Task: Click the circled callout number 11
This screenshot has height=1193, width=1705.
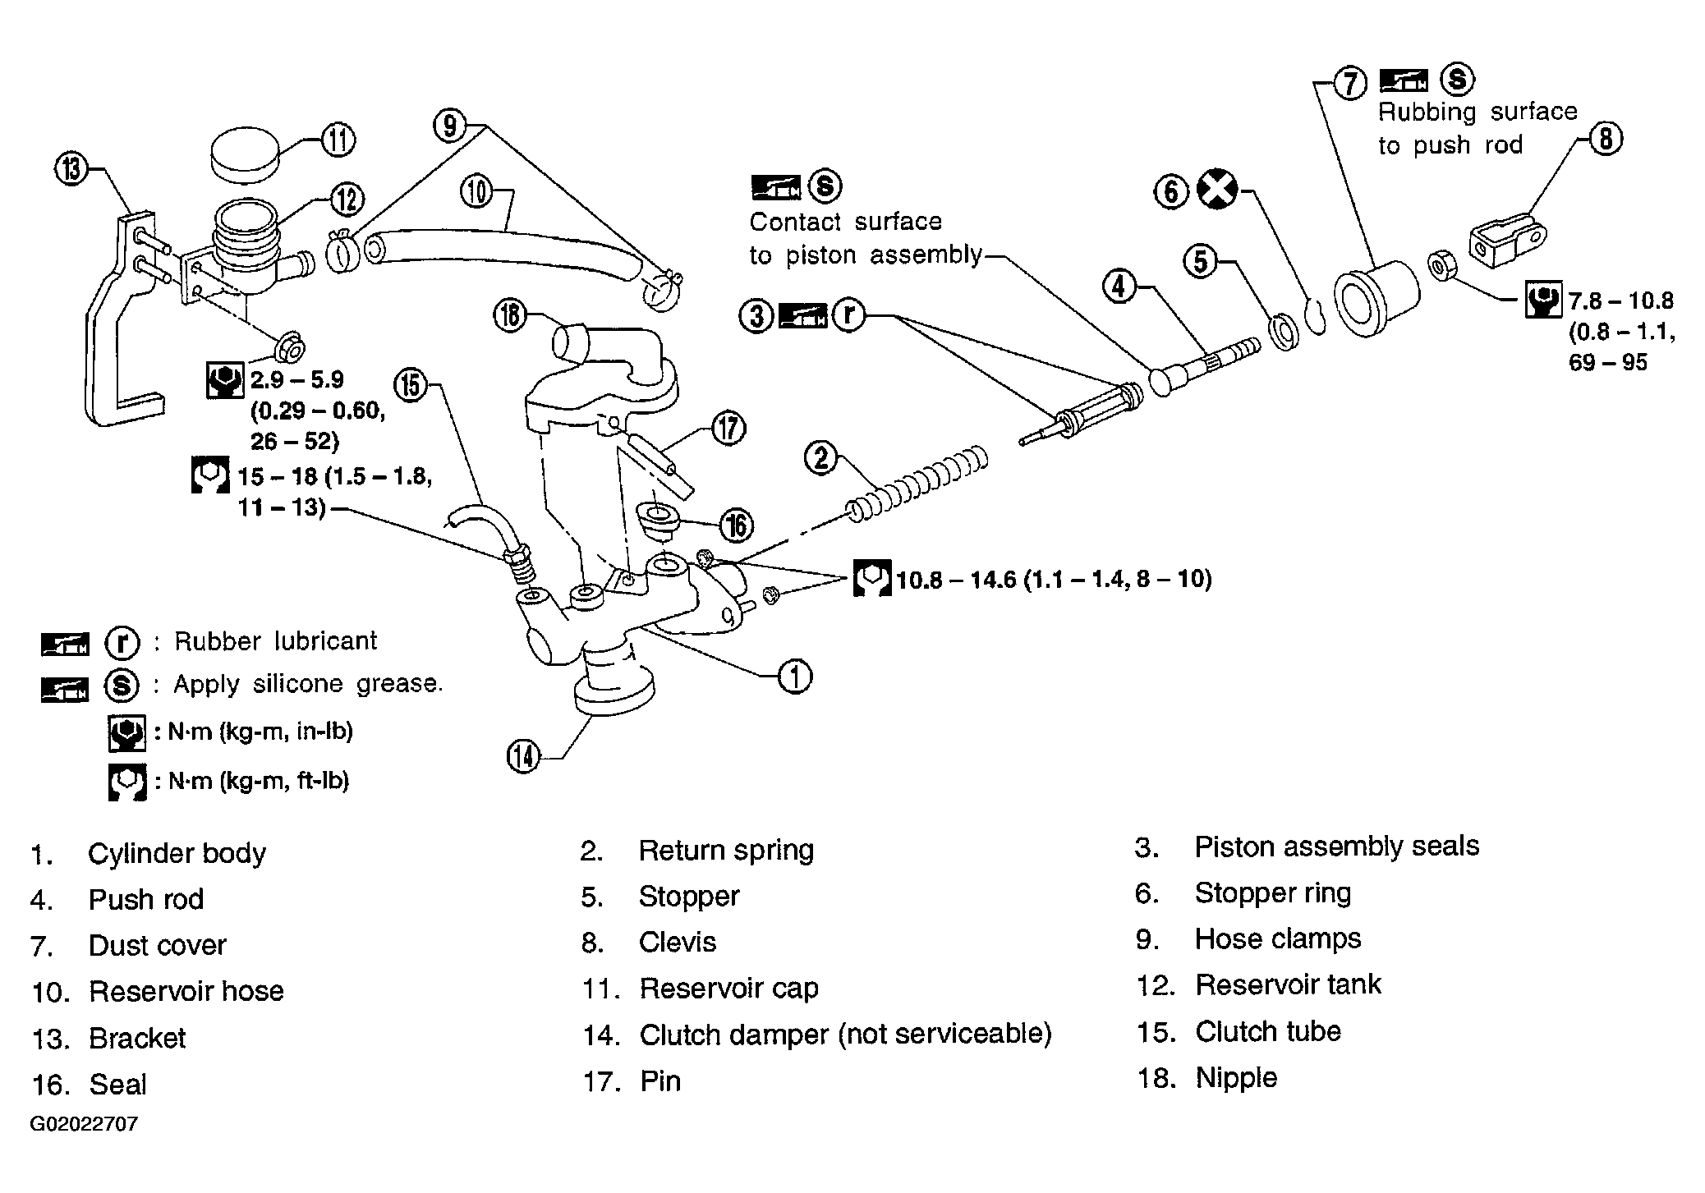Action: (x=338, y=139)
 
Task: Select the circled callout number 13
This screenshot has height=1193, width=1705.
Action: (x=71, y=170)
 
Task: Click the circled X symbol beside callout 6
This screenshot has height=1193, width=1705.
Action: (x=1217, y=190)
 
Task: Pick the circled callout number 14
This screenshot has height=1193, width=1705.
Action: (x=524, y=756)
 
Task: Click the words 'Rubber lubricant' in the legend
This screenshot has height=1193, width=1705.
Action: (x=276, y=640)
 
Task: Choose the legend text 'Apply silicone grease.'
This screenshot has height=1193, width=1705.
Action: (x=308, y=684)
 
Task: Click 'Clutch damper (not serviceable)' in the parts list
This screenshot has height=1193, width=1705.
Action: (x=845, y=1035)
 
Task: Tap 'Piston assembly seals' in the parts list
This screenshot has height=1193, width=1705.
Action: (x=1336, y=847)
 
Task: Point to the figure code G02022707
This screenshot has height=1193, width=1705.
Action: (x=84, y=1123)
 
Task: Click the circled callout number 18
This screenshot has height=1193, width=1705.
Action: (x=510, y=314)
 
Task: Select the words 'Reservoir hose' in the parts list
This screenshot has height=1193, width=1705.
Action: (x=186, y=991)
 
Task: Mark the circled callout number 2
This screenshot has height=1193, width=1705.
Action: (x=821, y=457)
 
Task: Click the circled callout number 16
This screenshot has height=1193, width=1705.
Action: (x=736, y=525)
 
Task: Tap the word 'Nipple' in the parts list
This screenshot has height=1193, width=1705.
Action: (x=1236, y=1078)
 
